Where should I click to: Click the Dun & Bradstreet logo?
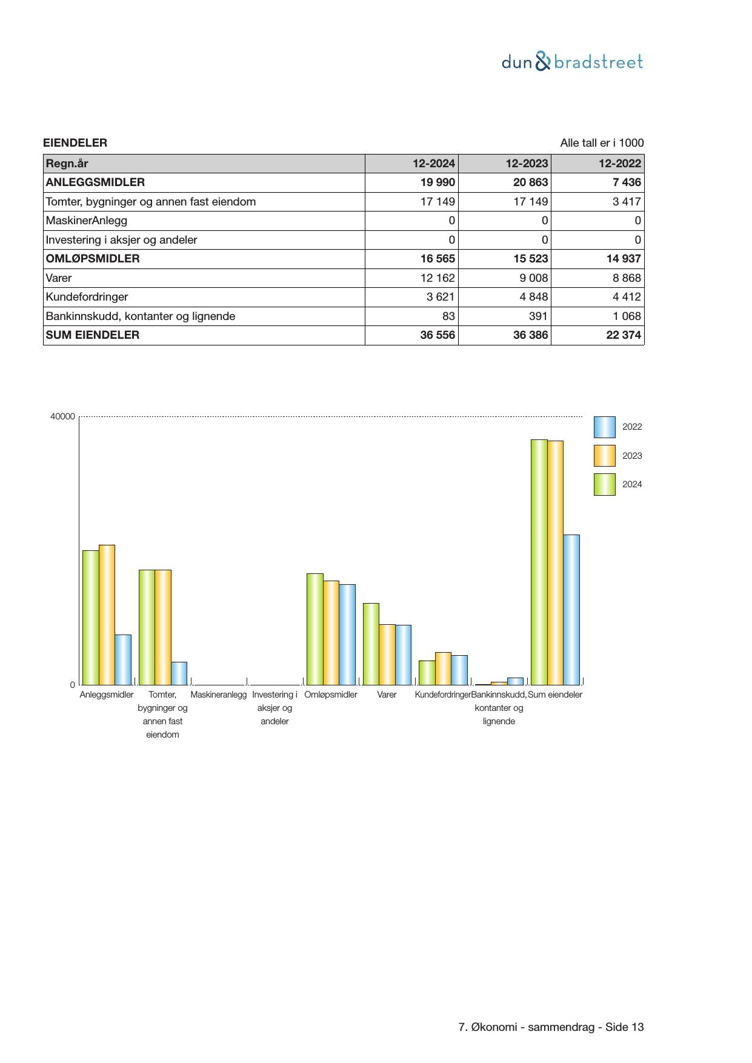572,62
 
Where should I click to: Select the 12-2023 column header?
527,164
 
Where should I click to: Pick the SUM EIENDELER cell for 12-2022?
624,335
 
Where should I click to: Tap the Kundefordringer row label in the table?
87,297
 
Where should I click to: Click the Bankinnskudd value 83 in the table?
448,316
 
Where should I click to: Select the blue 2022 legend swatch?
604,427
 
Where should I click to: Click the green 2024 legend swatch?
604,484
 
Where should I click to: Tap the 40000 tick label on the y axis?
62,416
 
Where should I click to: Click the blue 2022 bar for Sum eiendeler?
571,609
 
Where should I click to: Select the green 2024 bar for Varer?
371,644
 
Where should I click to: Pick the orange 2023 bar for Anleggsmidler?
107,615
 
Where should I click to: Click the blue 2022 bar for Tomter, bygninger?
179,673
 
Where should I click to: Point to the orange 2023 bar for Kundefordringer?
443,668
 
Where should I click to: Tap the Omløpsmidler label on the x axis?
331,695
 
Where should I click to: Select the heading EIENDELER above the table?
75,143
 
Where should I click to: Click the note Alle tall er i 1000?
602,143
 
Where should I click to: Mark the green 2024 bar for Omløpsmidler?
314,628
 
